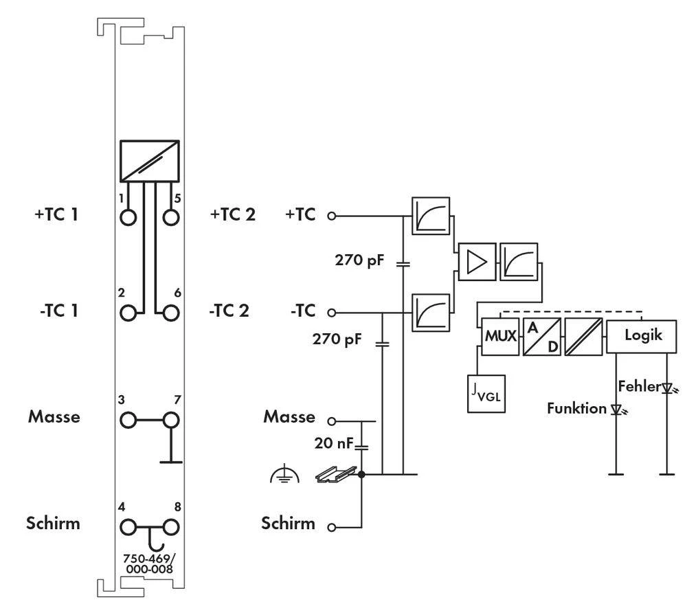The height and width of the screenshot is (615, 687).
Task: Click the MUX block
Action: [500, 337]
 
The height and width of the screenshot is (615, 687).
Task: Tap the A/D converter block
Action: [542, 337]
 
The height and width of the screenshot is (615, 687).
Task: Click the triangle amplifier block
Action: [475, 263]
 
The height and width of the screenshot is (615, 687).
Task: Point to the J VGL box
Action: [486, 394]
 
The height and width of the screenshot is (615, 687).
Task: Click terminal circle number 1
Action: [128, 217]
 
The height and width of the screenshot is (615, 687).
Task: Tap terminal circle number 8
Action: [170, 527]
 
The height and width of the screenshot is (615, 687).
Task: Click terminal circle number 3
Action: [128, 419]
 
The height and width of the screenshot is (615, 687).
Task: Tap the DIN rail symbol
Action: [337, 473]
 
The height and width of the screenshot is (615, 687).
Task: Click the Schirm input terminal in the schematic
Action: [332, 528]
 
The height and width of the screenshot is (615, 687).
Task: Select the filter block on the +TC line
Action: [431, 215]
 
